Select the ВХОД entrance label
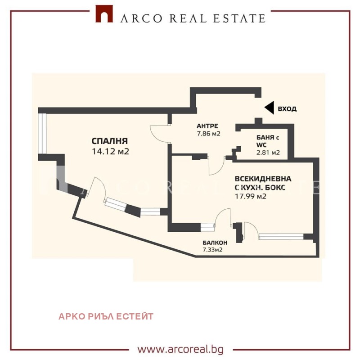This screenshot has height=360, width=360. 287,109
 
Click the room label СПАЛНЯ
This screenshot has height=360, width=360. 110,141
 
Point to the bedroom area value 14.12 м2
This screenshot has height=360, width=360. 110,152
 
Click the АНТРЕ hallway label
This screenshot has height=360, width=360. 207,126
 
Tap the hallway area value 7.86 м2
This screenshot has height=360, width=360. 208,134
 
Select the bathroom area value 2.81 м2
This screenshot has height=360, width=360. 268,153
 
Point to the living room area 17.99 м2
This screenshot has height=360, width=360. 251,196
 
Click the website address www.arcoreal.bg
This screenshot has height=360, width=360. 180,349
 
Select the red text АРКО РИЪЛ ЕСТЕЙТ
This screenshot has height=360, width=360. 106,316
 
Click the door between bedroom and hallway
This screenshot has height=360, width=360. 160,133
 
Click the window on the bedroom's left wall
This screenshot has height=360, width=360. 41,134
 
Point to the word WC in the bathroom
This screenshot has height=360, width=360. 247,145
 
